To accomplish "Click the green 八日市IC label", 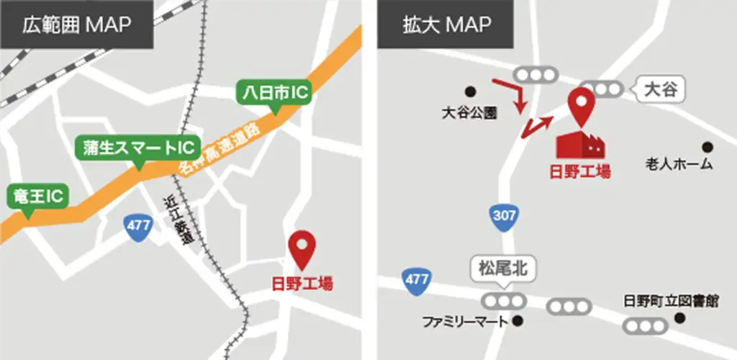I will pyautogui.click(x=273, y=93).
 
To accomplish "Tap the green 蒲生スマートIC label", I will pyautogui.click(x=137, y=148).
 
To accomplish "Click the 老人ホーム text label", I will pyautogui.click(x=679, y=164).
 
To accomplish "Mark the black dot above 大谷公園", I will pyautogui.click(x=471, y=91).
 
